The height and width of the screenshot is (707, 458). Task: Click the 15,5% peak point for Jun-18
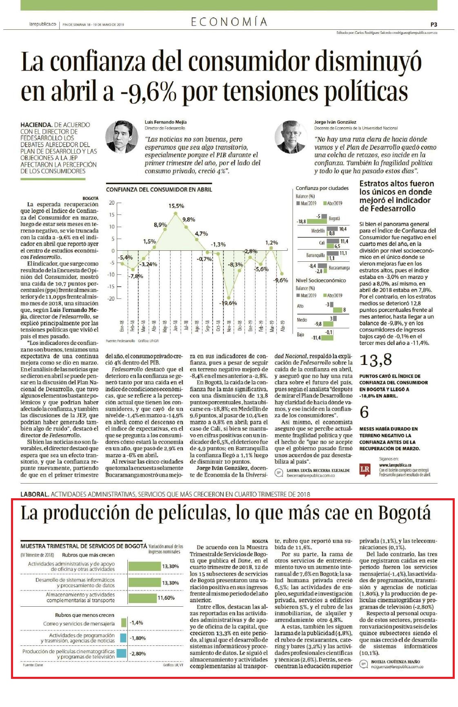tap(176, 213)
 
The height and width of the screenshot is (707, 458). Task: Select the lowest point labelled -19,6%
tap(229, 298)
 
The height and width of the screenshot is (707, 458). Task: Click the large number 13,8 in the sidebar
tap(376, 360)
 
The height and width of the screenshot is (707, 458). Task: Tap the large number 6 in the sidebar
tap(364, 412)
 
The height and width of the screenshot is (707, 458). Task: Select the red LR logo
tap(365, 469)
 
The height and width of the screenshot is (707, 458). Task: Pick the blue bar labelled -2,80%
tap(121, 653)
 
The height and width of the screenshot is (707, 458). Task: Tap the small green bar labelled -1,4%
tap(124, 623)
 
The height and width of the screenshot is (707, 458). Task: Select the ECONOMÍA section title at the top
tap(229, 22)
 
